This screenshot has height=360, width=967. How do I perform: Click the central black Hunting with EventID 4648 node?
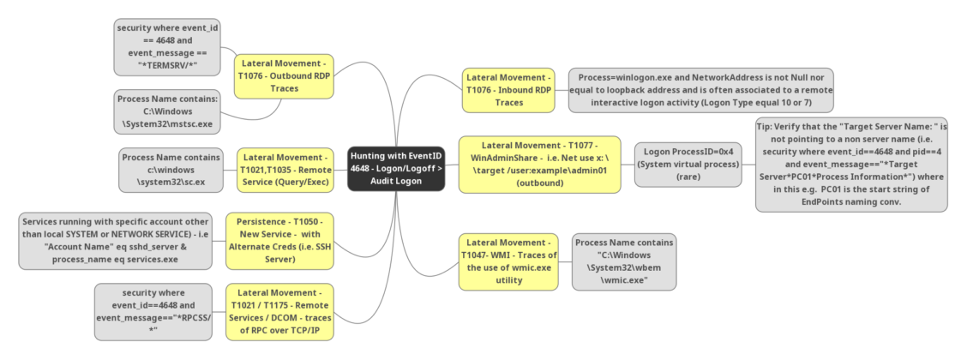[396, 169]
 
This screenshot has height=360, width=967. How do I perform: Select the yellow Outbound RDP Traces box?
[284, 75]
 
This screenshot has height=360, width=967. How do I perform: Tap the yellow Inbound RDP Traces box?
[508, 90]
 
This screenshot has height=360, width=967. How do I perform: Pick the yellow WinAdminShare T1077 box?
[539, 164]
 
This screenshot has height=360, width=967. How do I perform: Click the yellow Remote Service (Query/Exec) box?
[284, 170]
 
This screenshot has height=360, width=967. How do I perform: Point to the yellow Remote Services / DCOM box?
[279, 312]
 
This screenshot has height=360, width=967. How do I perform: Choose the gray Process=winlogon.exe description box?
[700, 90]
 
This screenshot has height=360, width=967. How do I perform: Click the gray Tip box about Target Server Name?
[851, 164]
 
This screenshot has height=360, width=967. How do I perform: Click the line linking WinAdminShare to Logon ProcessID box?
[628, 164]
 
